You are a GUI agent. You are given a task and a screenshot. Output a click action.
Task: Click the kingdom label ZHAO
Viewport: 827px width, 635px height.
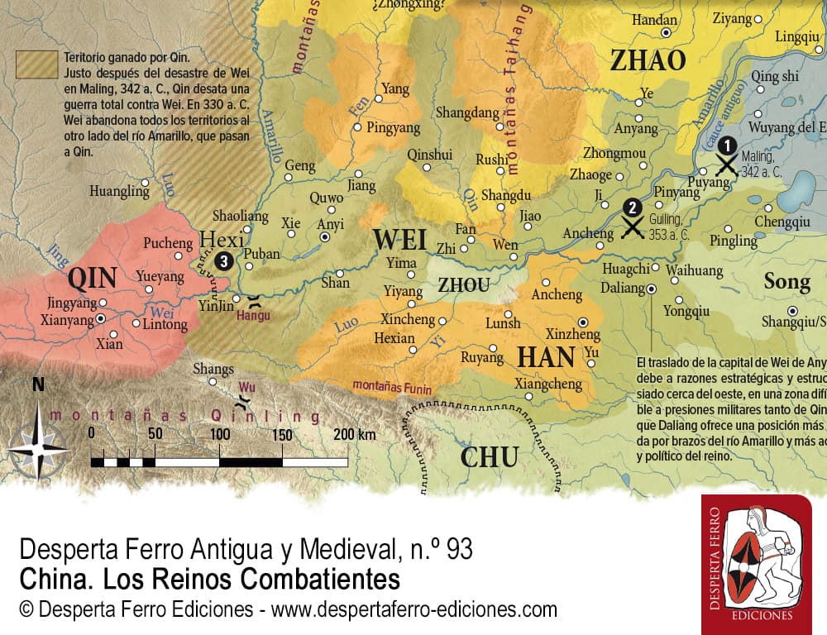click(x=648, y=60)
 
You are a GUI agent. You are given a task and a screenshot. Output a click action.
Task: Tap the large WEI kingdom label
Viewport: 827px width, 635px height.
click(x=399, y=240)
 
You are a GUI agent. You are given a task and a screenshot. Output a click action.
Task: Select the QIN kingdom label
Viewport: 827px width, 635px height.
click(x=92, y=279)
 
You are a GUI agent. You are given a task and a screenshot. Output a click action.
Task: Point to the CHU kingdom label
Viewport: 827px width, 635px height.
click(x=490, y=456)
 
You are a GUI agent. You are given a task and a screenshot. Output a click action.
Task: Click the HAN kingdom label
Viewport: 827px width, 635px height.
click(x=546, y=357)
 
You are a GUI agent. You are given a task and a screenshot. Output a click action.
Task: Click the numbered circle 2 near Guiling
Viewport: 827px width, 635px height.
click(x=632, y=208)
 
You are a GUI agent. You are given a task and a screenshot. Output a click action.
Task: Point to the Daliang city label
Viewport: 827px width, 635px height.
click(x=621, y=289)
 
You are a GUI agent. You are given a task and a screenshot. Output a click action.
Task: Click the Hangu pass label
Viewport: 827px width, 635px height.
click(x=252, y=315)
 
